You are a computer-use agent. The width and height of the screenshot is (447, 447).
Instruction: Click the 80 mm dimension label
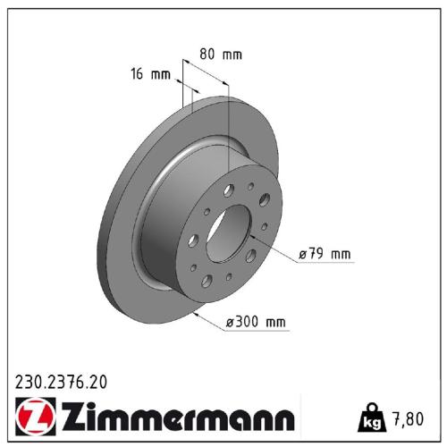click(220, 55)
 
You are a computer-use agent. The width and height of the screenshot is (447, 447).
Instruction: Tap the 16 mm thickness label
click(149, 74)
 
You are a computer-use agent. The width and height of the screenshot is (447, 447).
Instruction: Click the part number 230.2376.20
click(62, 382)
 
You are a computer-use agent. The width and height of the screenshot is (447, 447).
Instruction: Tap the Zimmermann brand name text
click(176, 417)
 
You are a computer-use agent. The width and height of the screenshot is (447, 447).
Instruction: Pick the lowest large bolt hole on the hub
click(207, 281)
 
